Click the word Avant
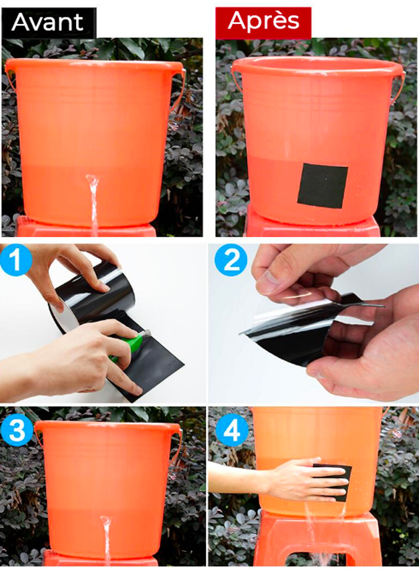(48, 22)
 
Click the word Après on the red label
(264, 21)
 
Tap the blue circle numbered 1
(15, 260)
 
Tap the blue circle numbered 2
(231, 260)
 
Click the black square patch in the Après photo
(322, 185)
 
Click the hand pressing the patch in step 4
(308, 480)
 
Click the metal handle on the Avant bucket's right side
(179, 91)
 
